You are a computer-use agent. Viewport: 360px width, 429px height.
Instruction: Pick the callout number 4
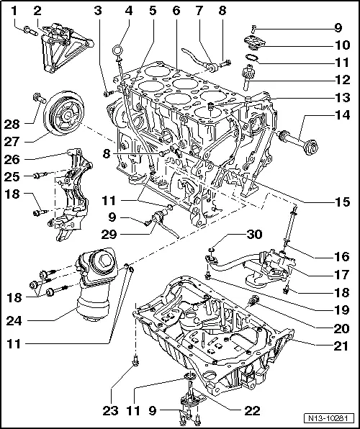[129, 11]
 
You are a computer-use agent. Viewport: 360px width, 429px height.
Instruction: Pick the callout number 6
[176, 11]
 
